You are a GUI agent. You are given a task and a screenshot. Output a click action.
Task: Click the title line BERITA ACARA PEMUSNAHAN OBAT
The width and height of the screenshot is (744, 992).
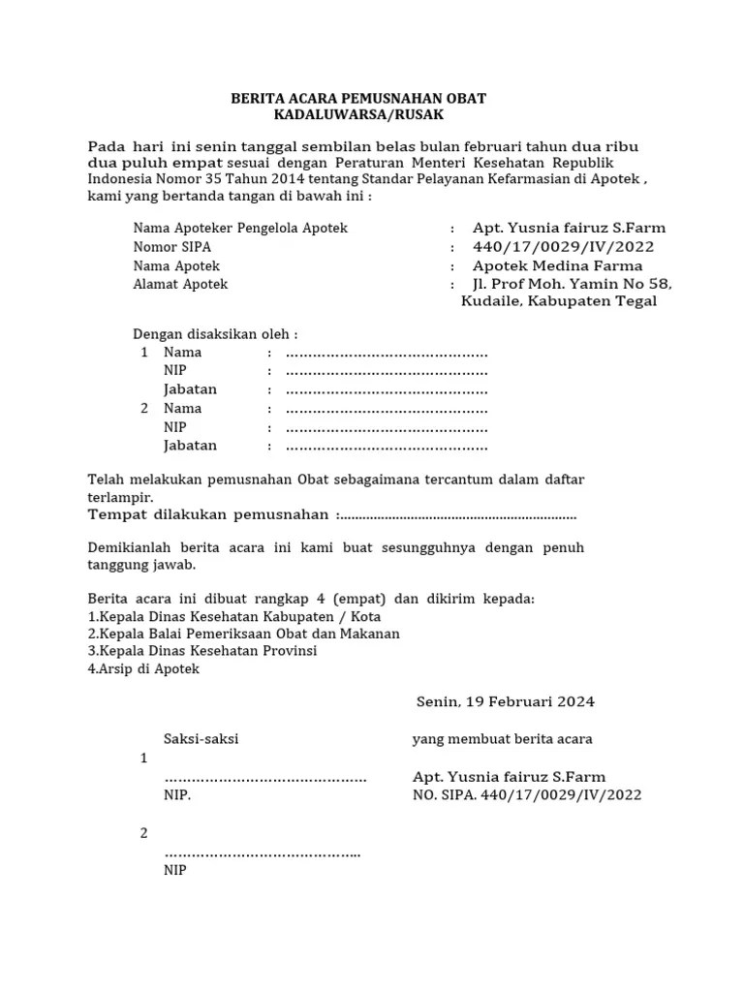pos(357,99)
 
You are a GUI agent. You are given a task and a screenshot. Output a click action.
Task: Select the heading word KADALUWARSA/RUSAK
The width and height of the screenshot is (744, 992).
pos(357,115)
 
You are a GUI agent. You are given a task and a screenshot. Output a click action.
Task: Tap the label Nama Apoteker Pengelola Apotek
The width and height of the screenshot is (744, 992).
pos(240,229)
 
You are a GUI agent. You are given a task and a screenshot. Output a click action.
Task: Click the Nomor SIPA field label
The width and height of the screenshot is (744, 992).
pos(171,247)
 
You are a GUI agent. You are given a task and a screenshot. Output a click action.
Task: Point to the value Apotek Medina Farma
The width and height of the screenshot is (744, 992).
pos(557,265)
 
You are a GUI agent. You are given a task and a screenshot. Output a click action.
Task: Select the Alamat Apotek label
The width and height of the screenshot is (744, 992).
pos(180,285)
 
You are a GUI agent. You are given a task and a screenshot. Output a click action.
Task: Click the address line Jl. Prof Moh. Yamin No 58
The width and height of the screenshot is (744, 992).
pos(572,285)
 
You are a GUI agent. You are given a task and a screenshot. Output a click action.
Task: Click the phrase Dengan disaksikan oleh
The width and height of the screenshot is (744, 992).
pos(215,334)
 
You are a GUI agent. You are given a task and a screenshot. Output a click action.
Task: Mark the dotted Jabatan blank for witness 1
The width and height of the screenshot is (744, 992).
pos(387,389)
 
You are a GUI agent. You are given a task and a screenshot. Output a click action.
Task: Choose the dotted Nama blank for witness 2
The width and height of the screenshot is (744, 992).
pos(387,409)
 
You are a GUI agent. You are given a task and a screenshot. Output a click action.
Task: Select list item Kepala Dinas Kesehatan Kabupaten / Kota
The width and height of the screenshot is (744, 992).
pos(234,617)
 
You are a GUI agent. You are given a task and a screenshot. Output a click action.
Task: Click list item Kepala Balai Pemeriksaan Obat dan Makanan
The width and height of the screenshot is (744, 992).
pos(244,634)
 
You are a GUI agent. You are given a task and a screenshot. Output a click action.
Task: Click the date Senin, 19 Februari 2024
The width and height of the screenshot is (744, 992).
pos(506,701)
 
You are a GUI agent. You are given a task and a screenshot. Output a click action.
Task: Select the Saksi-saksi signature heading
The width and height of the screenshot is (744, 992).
pos(201,739)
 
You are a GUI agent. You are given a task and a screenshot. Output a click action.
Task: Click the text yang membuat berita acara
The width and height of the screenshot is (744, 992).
pos(502,739)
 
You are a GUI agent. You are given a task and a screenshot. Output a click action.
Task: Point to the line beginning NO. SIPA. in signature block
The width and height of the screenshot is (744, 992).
pos(527,795)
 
